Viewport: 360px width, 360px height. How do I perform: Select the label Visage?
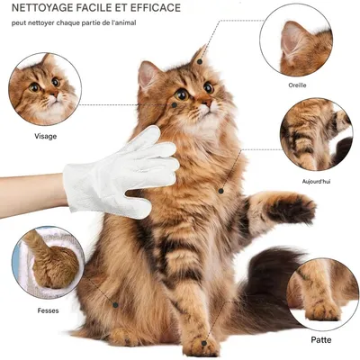(45, 136)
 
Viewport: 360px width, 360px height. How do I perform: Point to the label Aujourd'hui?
(317, 181)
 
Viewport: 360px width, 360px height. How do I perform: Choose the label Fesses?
(49, 310)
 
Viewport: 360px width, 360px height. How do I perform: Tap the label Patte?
(321, 340)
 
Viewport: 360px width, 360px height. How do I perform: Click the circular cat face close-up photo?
(44, 88)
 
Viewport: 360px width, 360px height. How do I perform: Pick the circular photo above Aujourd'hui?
(316, 135)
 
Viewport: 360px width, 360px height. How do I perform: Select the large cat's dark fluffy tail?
(270, 288)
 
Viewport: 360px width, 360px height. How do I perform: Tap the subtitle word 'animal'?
(121, 22)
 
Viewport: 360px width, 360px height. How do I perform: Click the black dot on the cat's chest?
(220, 191)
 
